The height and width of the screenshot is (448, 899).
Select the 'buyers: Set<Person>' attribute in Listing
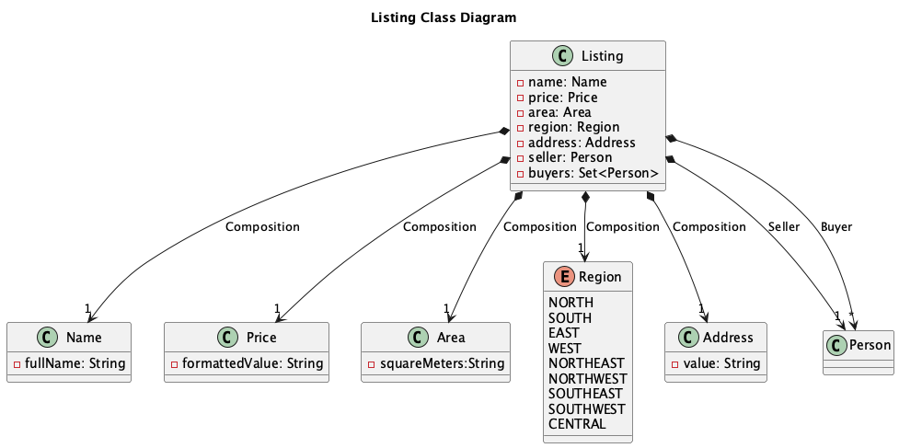[x=593, y=173]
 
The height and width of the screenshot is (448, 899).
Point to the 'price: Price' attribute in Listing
[x=562, y=98]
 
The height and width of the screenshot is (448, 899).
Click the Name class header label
[x=84, y=338]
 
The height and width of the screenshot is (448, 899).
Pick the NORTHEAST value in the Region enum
[x=585, y=363]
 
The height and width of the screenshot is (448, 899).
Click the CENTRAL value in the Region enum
[x=577, y=424]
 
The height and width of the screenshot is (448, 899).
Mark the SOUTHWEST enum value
[x=586, y=408]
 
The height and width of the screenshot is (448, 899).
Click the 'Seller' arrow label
[x=784, y=226]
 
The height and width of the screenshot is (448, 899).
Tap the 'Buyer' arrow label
[x=836, y=226]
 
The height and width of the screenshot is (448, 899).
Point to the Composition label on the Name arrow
[x=262, y=226]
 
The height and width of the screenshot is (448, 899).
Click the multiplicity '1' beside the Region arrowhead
[x=581, y=247]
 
